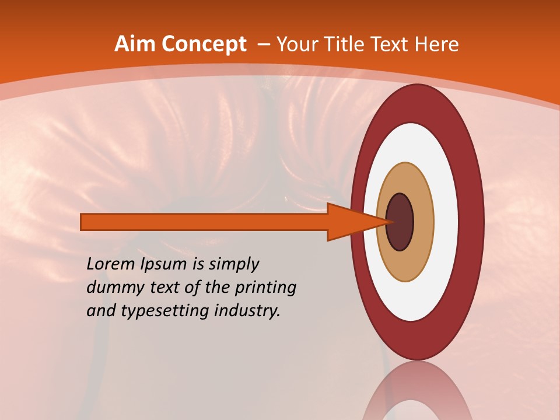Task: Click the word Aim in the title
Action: tap(135, 44)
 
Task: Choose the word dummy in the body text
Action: tap(110, 288)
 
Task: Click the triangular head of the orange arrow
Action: tap(350, 222)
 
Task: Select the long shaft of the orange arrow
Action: tap(204, 222)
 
